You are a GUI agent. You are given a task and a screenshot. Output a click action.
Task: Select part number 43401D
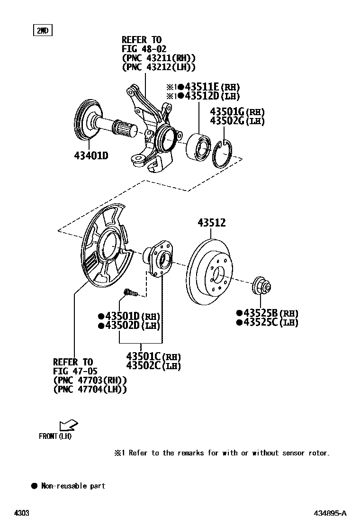[90, 155]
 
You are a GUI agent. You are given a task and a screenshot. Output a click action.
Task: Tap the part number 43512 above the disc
[211, 223]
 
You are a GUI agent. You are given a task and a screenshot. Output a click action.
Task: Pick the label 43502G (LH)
[237, 121]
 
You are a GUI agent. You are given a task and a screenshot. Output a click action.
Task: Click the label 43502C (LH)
[153, 365]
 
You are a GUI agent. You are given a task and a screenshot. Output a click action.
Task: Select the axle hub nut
[262, 286]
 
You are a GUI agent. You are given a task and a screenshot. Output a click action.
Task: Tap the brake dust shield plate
[105, 251]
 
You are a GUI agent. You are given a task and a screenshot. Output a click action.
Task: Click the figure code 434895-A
[330, 513]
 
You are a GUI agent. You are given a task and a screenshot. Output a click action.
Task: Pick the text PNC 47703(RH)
[90, 380]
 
